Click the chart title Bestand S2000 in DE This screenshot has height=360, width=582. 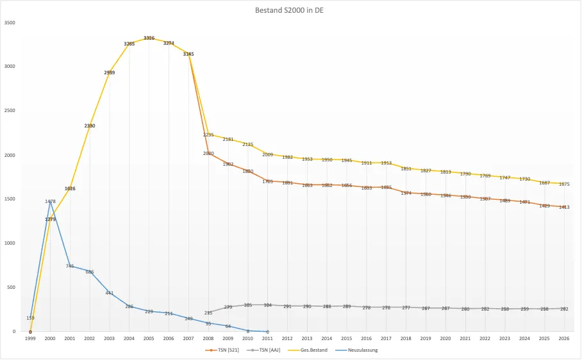(x=291, y=10)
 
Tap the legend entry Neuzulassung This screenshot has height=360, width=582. (x=370, y=350)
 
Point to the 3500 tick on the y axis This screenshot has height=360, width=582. (x=10, y=22)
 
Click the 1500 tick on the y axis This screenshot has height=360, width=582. (x=10, y=199)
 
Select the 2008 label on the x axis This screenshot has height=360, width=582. (x=208, y=338)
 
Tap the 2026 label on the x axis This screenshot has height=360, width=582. (x=564, y=338)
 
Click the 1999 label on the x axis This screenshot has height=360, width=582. (x=30, y=338)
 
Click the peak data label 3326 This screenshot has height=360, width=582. (x=149, y=38)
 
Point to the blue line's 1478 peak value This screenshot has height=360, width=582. (x=50, y=201)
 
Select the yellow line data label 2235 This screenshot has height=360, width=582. (x=208, y=135)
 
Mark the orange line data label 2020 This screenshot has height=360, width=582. (x=208, y=154)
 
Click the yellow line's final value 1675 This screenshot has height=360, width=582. (x=564, y=184)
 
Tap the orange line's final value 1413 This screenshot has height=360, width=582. (x=564, y=207)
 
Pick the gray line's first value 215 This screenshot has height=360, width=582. (x=208, y=313)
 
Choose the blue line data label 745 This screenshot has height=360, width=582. (x=70, y=266)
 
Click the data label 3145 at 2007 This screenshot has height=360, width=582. (x=188, y=54)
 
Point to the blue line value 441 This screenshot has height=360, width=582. (x=110, y=293)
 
